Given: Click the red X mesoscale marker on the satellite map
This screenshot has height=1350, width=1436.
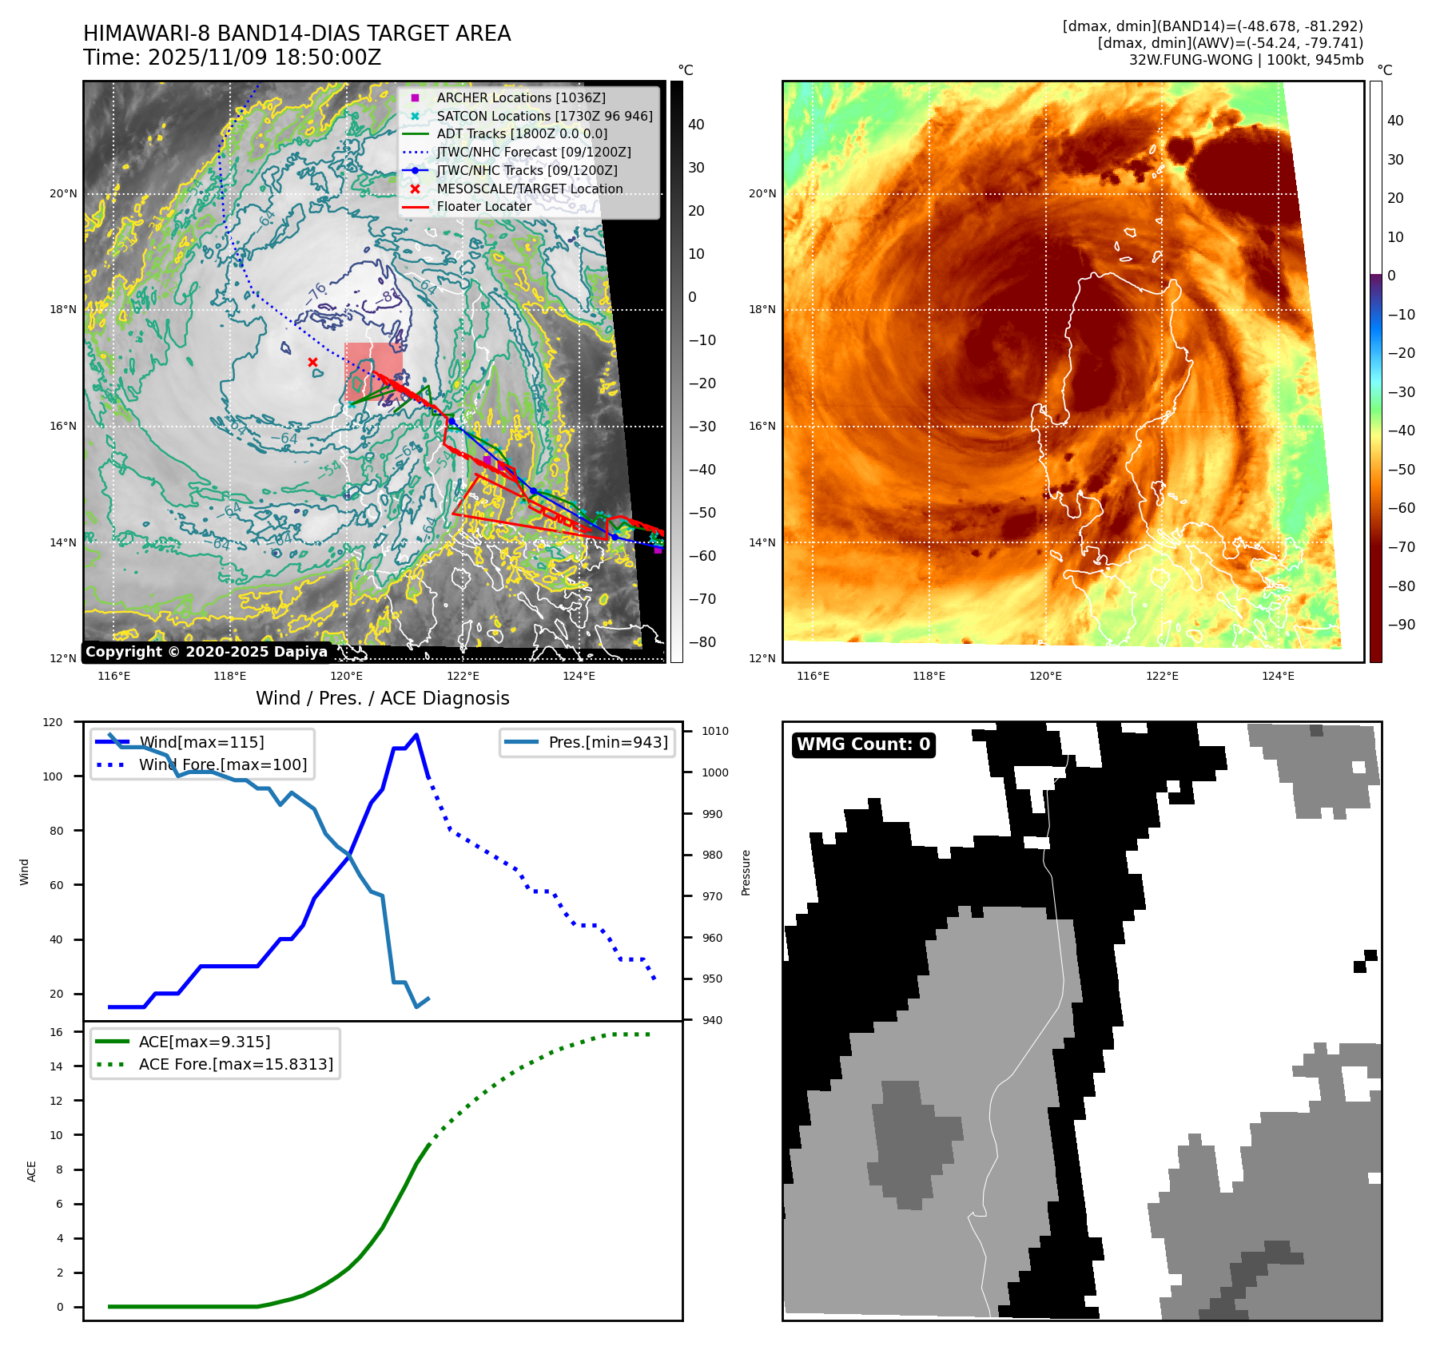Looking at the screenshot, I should (x=312, y=362).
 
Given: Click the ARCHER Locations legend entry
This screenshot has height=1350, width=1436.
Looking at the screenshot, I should (x=520, y=97).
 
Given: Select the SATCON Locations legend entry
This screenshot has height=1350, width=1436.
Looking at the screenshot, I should (x=543, y=116).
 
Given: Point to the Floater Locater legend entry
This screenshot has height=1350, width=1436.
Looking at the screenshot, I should (x=483, y=206).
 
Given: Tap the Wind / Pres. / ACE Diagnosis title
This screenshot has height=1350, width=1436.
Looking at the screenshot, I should (x=382, y=698).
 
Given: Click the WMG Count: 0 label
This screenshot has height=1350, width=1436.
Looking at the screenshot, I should (x=863, y=744).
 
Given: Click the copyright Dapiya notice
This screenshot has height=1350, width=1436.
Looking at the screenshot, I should (x=206, y=652).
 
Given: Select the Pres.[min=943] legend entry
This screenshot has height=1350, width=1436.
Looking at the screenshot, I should (x=607, y=742).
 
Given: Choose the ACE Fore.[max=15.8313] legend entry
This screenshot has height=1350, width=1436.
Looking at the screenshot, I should (x=236, y=1064).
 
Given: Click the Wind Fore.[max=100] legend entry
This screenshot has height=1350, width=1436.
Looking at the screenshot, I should (x=222, y=764).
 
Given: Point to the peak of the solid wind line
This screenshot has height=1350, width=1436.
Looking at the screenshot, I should (x=416, y=735).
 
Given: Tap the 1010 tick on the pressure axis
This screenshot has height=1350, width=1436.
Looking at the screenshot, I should (x=714, y=731).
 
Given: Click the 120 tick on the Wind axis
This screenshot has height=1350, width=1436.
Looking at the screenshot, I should (x=53, y=722).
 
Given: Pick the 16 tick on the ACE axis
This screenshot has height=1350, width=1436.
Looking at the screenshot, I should (x=56, y=1032).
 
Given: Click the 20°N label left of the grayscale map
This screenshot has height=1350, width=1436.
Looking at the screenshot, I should (x=63, y=194).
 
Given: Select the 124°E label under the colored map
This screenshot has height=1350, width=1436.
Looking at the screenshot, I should (x=1278, y=676).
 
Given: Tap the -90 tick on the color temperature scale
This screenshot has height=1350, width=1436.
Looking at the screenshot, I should (x=1401, y=625).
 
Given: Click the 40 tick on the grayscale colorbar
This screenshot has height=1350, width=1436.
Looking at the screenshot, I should (x=695, y=125).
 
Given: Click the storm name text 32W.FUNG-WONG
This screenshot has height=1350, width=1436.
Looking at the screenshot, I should (x=1190, y=60).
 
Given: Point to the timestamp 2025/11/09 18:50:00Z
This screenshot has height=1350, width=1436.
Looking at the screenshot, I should (x=265, y=58).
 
